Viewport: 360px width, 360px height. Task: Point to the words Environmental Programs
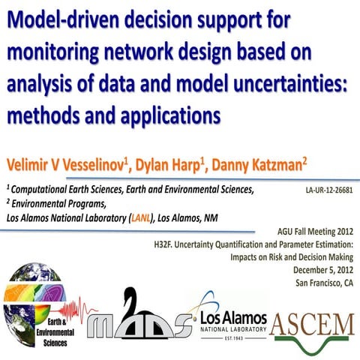(x=57, y=205)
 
